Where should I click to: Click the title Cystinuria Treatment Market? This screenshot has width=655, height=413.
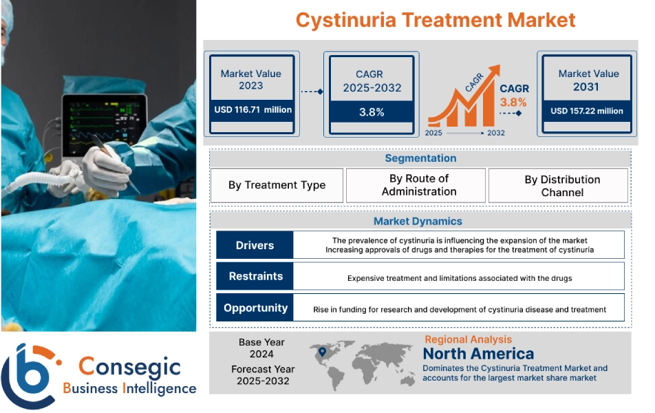[435, 19]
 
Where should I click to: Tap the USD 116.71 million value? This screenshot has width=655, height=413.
[253, 109]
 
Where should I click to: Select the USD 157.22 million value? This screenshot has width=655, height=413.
[587, 110]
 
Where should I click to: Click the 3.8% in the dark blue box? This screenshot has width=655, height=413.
[372, 112]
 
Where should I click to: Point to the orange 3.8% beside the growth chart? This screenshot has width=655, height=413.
[513, 103]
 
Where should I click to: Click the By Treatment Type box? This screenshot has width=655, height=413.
[277, 185]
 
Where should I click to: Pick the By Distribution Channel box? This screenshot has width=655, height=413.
[561, 186]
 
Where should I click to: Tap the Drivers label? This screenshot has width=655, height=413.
[255, 245]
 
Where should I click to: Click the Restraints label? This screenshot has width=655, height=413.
[255, 276]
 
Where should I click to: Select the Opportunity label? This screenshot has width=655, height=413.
[255, 308]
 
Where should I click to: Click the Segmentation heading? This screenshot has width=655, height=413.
[420, 158]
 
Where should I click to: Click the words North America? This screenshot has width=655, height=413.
[478, 354]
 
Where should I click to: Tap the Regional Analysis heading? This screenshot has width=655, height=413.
[468, 339]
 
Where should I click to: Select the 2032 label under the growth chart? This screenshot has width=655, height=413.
[495, 133]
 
